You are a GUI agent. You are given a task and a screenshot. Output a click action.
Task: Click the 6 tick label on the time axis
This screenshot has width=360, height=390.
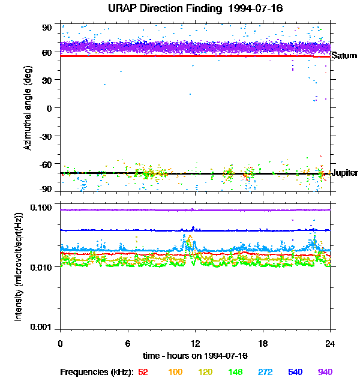(128, 343)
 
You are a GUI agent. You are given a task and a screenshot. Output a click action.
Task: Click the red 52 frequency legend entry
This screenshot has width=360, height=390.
(143, 372)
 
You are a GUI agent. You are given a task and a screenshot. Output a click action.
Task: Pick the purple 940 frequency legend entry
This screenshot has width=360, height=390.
(325, 372)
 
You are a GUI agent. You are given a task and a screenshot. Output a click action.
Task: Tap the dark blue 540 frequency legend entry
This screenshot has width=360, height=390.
(295, 372)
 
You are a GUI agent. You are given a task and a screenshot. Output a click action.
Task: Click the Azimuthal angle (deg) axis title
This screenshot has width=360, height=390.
(28, 109)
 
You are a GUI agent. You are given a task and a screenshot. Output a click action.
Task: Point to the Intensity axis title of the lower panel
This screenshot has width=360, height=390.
(20, 266)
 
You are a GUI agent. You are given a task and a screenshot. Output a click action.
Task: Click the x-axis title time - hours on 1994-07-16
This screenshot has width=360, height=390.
(196, 355)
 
